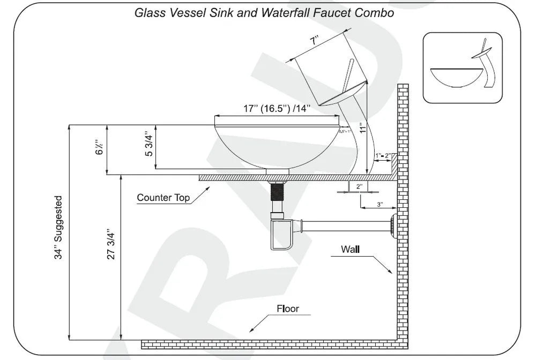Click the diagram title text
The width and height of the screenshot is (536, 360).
pyautogui.click(x=264, y=13)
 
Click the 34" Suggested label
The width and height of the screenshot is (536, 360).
pyautogui.click(x=58, y=228)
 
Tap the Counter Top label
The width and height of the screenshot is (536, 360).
pyautogui.click(x=163, y=198)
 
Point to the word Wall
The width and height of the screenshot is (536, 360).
pyautogui.click(x=350, y=249)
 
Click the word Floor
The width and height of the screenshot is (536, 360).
pyautogui.click(x=287, y=309)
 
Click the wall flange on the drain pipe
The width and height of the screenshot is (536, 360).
pyautogui.click(x=394, y=223)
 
